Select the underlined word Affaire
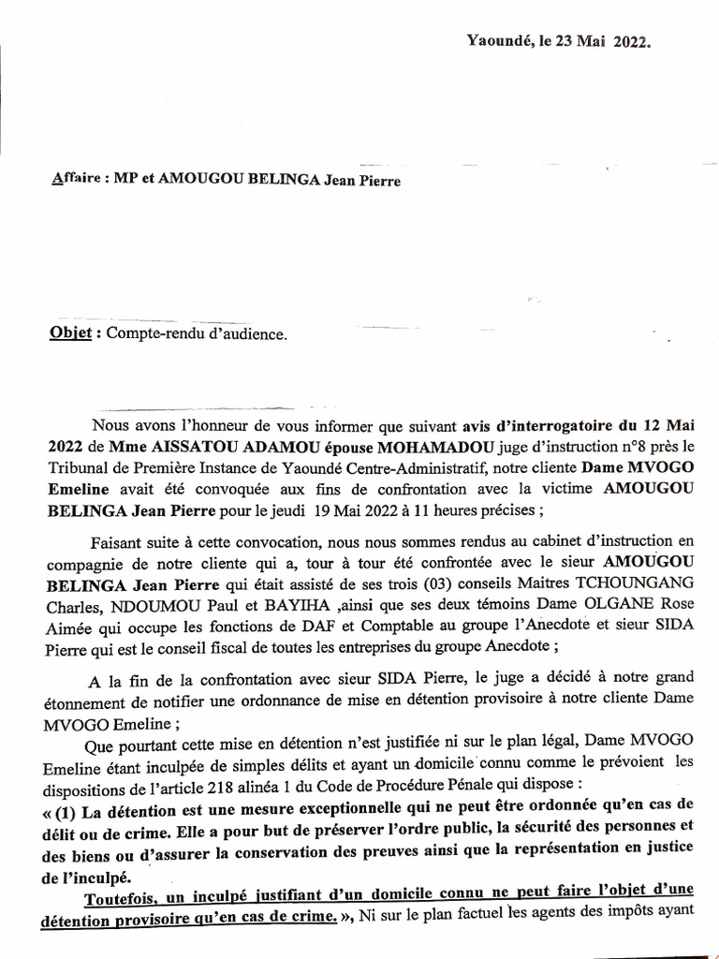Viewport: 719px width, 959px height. [76, 181]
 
